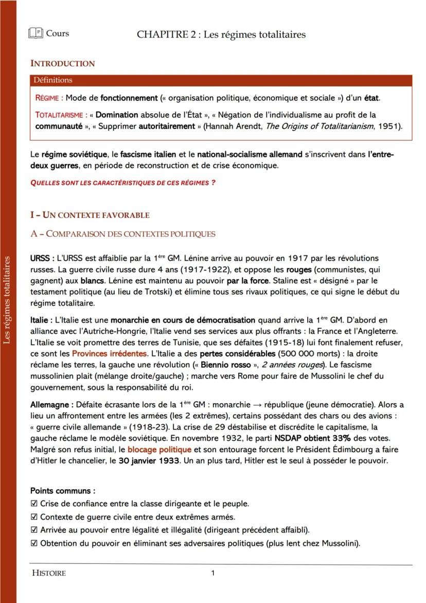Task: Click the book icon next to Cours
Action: [35, 33]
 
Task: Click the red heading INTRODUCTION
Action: [62, 64]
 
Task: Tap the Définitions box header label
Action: [53, 80]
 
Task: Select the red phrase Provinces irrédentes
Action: [109, 354]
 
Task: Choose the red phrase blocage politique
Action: [156, 450]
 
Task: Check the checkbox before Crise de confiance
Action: [34, 504]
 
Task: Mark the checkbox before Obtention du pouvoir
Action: [34, 543]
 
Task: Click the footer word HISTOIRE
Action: [49, 573]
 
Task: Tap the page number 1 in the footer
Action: [213, 573]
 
